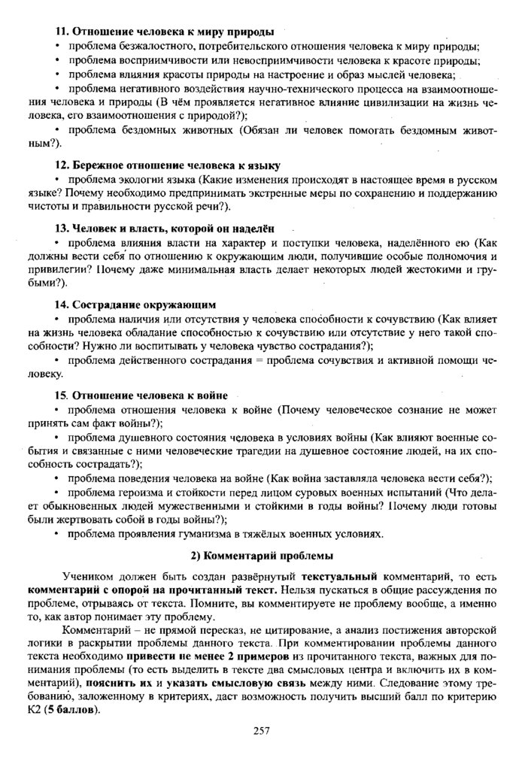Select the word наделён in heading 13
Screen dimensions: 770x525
(253, 228)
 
